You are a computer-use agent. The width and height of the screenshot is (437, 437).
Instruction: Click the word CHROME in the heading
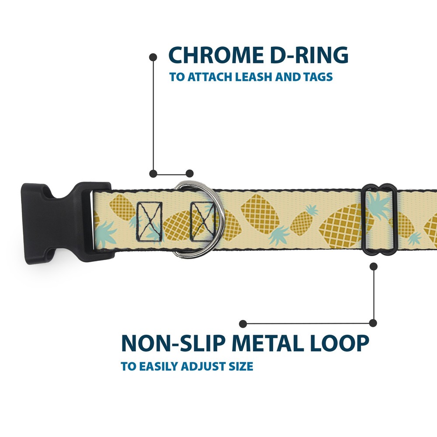[x=216, y=55]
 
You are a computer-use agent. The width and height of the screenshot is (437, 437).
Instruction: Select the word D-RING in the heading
[x=309, y=55]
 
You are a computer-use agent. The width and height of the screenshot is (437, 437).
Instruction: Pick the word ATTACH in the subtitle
[x=211, y=76]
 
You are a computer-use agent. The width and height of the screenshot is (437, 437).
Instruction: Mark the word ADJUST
[x=204, y=366]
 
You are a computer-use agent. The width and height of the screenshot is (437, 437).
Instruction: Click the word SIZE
[x=241, y=366]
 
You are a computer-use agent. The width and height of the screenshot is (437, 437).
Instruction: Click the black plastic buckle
[x=67, y=223]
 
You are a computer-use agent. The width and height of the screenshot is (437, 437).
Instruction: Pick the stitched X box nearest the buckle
[x=149, y=222]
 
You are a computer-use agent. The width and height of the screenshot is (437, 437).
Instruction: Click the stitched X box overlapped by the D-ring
[x=202, y=222]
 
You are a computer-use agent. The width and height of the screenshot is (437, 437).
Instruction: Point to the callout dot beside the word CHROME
[x=153, y=57]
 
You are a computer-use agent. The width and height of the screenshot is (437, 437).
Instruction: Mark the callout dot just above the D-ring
[x=190, y=173]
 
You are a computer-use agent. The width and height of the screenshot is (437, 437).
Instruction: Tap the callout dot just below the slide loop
[x=374, y=267]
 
